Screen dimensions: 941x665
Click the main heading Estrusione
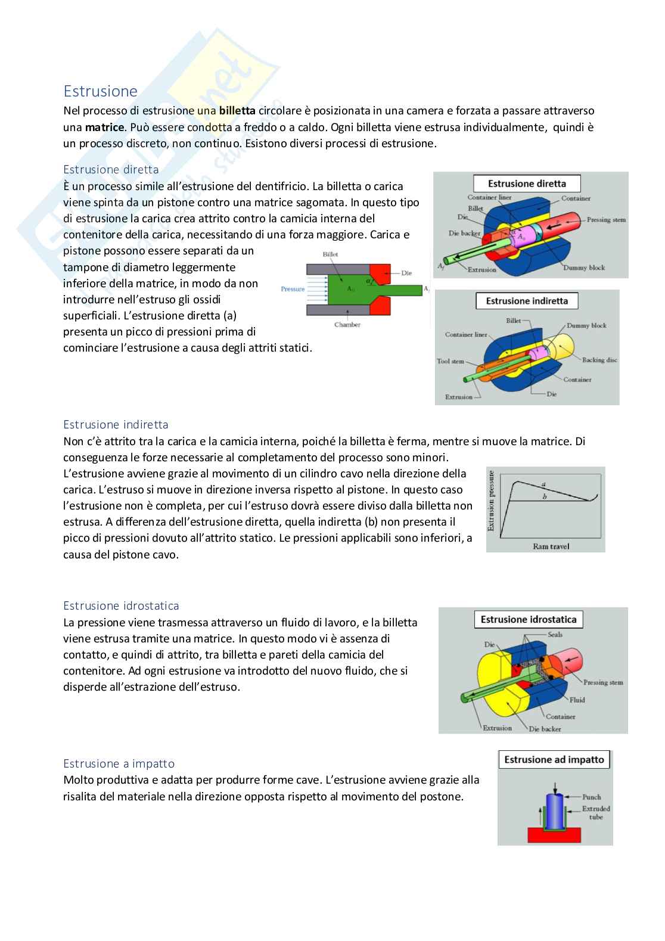pyautogui.click(x=100, y=91)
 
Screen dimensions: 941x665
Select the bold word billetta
pyautogui.click(x=237, y=110)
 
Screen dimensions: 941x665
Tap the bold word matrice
pyautogui.click(x=105, y=127)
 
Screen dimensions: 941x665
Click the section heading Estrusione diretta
pyautogui.click(x=111, y=169)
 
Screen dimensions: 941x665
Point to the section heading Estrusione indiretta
pyautogui.click(x=116, y=424)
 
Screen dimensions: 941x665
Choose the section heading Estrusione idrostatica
pyautogui.click(x=121, y=605)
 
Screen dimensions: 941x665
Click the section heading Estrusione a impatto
pyautogui.click(x=119, y=763)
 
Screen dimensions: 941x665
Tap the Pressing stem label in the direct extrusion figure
pyautogui.click(x=606, y=220)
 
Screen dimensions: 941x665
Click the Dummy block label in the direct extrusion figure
pyautogui.click(x=584, y=268)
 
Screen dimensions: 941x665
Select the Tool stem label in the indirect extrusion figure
pyautogui.click(x=450, y=361)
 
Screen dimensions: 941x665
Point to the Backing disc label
pyautogui.click(x=600, y=360)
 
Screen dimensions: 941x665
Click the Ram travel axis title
pyautogui.click(x=551, y=546)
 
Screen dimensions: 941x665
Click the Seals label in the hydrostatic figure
pyautogui.click(x=555, y=635)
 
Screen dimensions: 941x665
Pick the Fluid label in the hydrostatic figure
pyautogui.click(x=577, y=700)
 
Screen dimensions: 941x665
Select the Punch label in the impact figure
pyautogui.click(x=591, y=797)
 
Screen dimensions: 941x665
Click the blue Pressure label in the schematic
pyautogui.click(x=293, y=289)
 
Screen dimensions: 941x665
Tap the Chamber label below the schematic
pyautogui.click(x=347, y=325)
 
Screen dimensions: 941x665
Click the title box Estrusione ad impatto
pyautogui.click(x=554, y=759)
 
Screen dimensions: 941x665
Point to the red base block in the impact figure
pyautogui.click(x=555, y=836)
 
